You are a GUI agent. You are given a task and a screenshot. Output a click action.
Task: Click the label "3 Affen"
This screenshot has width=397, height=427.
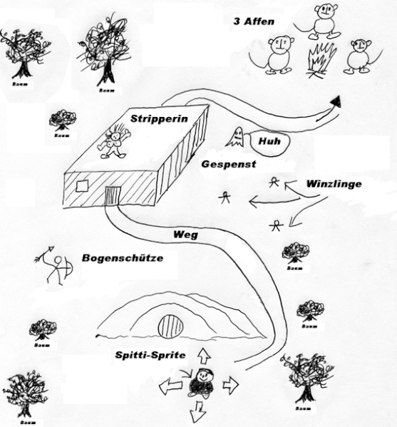point(254,21)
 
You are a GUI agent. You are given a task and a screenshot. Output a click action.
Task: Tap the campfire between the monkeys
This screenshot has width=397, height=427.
point(322,61)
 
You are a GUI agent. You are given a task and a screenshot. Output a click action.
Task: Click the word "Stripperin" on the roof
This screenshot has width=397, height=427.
point(159,119)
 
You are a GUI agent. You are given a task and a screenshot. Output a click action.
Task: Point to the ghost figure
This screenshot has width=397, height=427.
point(236,138)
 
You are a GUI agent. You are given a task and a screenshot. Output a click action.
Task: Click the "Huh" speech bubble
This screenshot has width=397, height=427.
point(269,142)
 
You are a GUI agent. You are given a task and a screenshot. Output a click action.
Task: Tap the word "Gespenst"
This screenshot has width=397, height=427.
point(229,164)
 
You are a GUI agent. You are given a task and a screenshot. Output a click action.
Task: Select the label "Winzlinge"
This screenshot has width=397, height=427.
point(334,184)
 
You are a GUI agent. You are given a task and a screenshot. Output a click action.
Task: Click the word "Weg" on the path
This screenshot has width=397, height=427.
point(186,235)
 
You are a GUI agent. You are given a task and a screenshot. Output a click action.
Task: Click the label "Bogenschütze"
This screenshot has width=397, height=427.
point(123,258)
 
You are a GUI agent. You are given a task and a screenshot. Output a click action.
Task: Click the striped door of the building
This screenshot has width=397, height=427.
point(113,195)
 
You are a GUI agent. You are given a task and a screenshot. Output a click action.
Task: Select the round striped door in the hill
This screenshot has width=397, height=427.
point(170,326)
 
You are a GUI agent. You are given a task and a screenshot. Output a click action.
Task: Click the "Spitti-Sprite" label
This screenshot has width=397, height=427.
point(150,355)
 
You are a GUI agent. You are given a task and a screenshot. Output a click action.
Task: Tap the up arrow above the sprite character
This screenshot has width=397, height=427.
point(204,356)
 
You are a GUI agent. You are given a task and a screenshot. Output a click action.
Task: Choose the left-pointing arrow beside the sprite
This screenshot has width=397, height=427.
point(171,386)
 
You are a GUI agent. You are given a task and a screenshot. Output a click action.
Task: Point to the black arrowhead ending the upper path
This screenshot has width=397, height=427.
point(336,103)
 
